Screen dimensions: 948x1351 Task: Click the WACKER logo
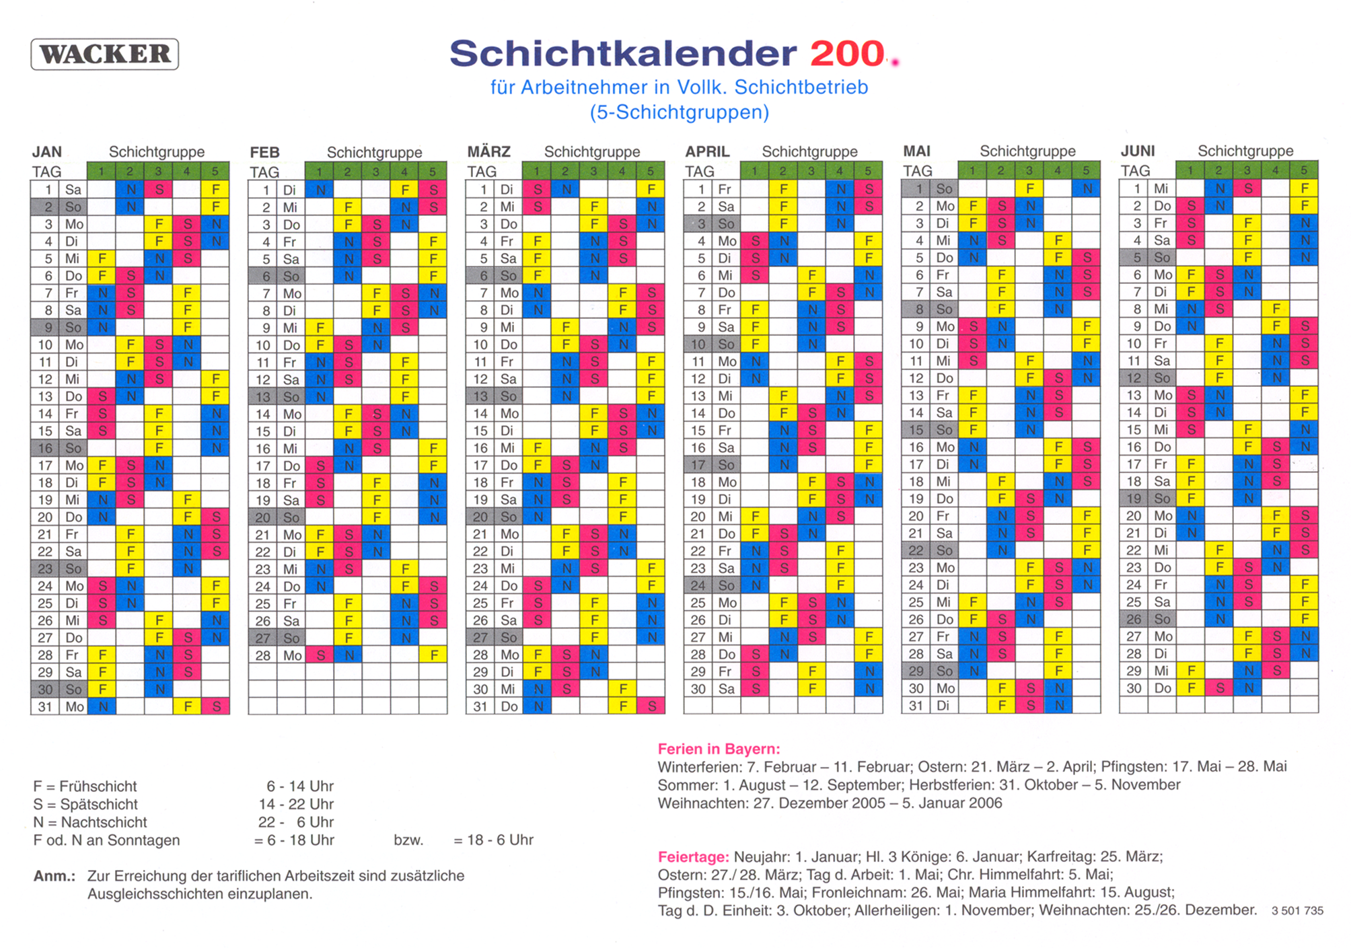coord(105,54)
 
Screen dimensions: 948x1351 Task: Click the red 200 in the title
coord(847,53)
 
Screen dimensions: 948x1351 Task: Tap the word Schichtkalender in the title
coord(623,53)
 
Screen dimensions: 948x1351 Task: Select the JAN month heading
coord(47,152)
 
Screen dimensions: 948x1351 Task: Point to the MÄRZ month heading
coord(489,151)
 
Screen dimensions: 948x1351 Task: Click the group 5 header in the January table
coord(215,171)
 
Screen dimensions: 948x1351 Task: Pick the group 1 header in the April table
coord(755,170)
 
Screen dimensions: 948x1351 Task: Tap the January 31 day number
coord(45,706)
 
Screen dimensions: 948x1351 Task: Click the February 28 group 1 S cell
coord(320,655)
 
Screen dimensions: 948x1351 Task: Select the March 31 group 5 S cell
coord(651,706)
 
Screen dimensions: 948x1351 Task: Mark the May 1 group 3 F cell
coord(1029,188)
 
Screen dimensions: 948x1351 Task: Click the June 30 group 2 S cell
coord(1219,688)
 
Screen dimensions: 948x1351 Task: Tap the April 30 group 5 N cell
coord(869,688)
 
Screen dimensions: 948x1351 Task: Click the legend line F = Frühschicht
coord(85,786)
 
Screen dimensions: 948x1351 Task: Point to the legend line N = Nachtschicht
coord(90,822)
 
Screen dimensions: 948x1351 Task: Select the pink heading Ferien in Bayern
coord(719,749)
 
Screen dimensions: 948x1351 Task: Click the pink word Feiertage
coord(693,856)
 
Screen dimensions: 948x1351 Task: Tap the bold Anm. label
coord(54,876)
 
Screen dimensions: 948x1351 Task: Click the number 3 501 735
coord(1297,910)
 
